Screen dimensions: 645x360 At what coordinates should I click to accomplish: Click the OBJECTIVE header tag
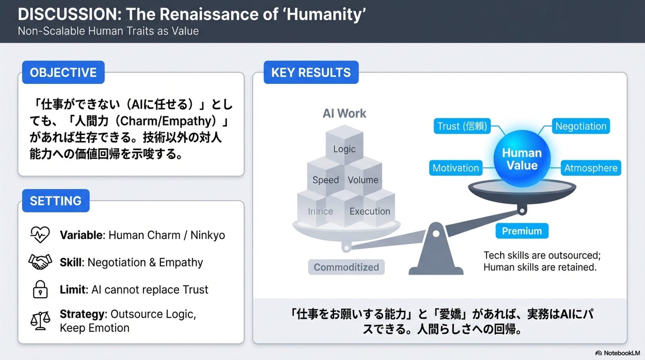[x=63, y=72]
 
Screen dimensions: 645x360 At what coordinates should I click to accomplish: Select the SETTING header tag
[x=56, y=201]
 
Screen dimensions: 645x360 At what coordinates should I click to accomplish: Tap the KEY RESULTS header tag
[x=311, y=72]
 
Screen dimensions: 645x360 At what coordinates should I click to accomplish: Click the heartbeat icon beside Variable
[x=40, y=234]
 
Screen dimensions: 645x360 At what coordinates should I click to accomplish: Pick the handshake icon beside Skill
[x=40, y=262]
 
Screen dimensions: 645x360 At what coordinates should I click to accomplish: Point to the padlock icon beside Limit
[x=40, y=289]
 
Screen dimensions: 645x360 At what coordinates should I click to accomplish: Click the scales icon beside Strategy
[x=40, y=320]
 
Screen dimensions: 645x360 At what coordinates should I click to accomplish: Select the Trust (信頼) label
[x=462, y=126]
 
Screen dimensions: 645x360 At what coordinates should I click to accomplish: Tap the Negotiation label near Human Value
[x=580, y=126]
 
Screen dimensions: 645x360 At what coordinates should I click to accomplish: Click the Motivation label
[x=456, y=168]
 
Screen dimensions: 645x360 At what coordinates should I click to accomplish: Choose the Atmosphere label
[x=591, y=168]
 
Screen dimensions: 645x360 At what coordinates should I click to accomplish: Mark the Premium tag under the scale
[x=522, y=231]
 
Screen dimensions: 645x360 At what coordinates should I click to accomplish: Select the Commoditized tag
[x=346, y=267]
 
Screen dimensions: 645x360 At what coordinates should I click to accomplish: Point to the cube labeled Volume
[x=363, y=178]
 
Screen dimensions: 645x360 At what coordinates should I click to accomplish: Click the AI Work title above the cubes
[x=344, y=113]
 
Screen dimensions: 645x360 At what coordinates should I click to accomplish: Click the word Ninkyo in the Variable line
[x=208, y=235]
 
